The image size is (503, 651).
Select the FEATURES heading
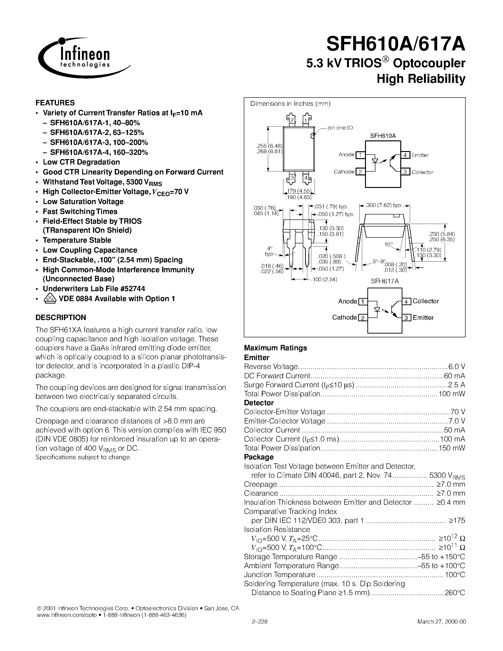[x=55, y=103]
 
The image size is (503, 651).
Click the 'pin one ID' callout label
[x=340, y=128]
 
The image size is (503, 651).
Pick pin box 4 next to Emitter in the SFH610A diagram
[x=405, y=155]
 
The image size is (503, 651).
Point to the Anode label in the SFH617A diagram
[x=347, y=301]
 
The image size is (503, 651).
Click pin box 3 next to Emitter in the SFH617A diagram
[x=406, y=318]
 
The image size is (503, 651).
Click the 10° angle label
[x=388, y=245]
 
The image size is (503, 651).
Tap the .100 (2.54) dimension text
[x=325, y=280]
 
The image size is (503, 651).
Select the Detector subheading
[x=259, y=403]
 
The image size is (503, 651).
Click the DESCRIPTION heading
[x=61, y=317]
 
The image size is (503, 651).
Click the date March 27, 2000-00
[x=441, y=622]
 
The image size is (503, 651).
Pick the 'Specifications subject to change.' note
[x=83, y=457]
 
